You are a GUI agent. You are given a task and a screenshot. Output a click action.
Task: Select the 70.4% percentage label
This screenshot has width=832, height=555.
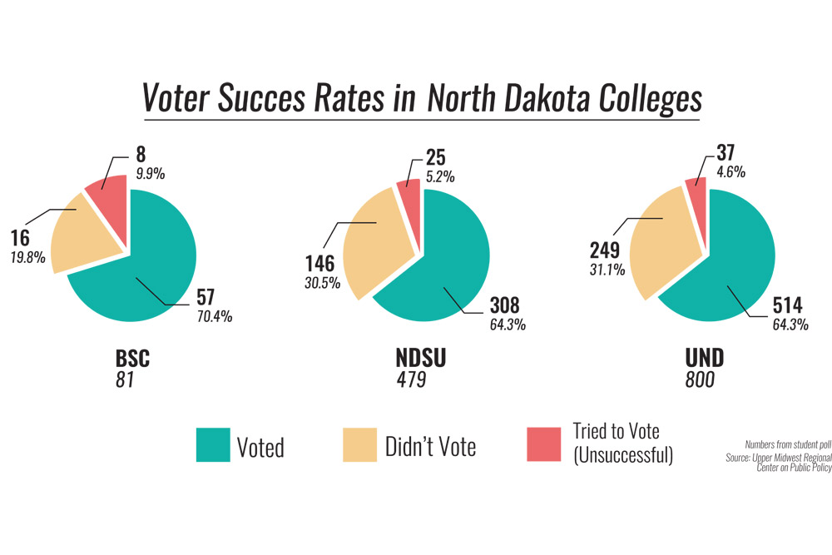(213, 316)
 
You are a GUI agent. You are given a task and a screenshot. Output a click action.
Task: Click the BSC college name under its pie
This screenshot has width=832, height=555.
(132, 359)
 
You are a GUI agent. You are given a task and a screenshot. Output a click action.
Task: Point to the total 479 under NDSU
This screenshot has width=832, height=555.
(411, 380)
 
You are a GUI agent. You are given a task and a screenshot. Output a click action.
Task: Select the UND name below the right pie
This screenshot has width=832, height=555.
(704, 359)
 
